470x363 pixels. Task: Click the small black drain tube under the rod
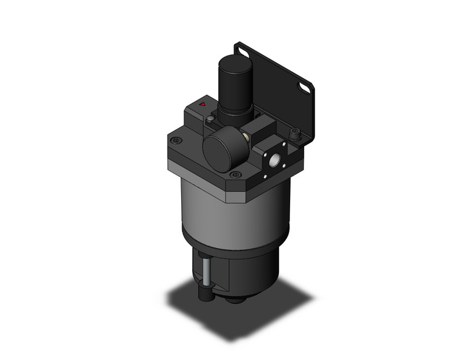(x=204, y=291)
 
